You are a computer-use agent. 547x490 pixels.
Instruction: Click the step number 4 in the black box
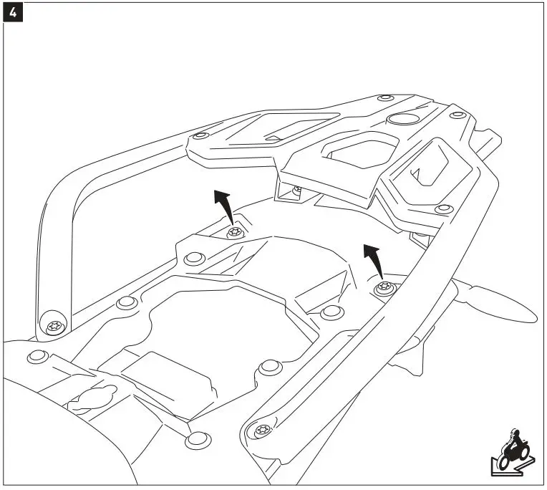[x=12, y=11]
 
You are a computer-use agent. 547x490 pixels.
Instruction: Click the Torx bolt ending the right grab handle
[x=261, y=431]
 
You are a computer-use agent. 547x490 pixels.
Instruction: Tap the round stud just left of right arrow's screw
[x=331, y=312]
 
